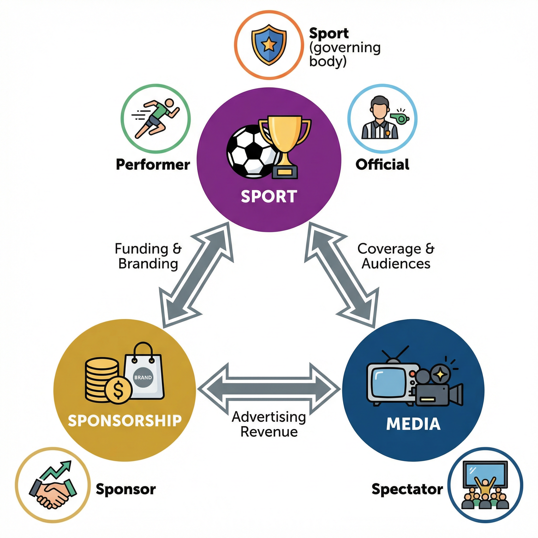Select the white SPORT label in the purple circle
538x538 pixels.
tap(269, 196)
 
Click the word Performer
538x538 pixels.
tap(153, 164)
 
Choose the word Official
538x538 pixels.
tap(382, 164)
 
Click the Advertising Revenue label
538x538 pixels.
tap(269, 424)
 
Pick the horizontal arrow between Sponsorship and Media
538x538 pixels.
tap(269, 389)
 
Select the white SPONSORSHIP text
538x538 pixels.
tap(125, 421)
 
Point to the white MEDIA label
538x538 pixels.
tap(413, 424)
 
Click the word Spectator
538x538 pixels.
tap(407, 489)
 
